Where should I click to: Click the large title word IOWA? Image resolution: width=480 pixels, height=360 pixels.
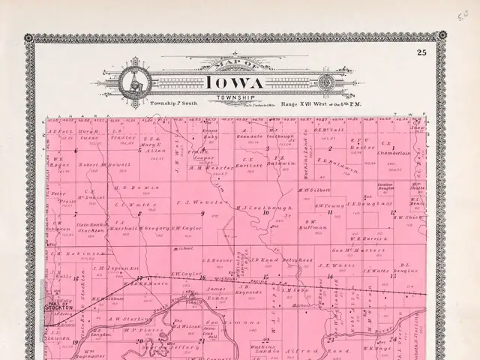(x=231, y=82)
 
